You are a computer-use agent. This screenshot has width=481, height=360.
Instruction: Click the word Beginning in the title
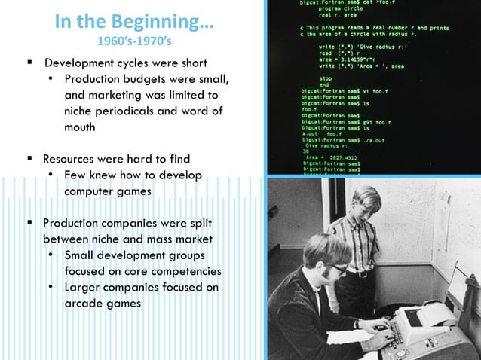[x=164, y=21]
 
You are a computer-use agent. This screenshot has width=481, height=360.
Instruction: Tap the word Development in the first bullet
[x=81, y=62]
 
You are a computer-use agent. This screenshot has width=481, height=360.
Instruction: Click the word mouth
[x=80, y=127]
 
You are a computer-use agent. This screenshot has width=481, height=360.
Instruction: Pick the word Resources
[x=74, y=159]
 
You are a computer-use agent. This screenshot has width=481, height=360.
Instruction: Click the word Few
[x=77, y=175]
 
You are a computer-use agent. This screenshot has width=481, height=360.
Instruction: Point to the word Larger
[x=85, y=287]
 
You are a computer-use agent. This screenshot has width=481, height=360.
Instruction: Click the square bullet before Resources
[x=29, y=159]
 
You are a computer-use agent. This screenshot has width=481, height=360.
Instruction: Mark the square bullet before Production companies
[x=29, y=223]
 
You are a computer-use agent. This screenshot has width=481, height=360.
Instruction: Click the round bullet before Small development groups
[x=50, y=255]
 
